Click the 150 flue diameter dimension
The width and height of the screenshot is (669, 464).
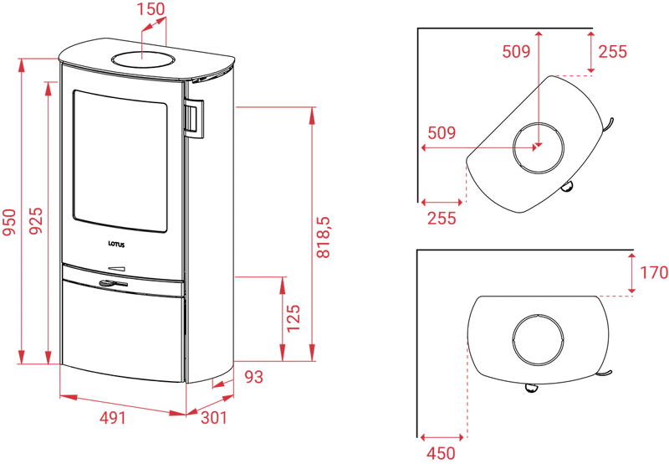[151, 9]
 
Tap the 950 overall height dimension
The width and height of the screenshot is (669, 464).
[9, 222]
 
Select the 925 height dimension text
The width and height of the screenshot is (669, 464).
[36, 220]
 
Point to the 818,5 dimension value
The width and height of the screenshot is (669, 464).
[323, 237]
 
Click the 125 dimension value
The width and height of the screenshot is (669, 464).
[294, 318]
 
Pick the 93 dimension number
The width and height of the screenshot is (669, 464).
[254, 377]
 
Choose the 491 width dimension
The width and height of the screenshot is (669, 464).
[113, 418]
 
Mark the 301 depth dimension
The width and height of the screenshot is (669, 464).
[214, 417]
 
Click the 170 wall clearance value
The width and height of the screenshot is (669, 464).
[654, 272]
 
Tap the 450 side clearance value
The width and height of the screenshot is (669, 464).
[442, 453]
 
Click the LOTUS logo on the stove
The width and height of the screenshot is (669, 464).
[116, 245]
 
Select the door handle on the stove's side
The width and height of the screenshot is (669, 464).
[193, 119]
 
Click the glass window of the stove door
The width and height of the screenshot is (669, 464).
[120, 161]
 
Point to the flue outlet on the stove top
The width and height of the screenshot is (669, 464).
[142, 59]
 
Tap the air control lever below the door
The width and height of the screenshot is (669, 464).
[113, 283]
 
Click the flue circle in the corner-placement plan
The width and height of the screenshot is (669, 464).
[538, 148]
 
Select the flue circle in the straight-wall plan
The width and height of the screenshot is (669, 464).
[538, 340]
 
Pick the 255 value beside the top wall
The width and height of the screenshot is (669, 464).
[613, 52]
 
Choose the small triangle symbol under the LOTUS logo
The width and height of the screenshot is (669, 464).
[117, 268]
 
